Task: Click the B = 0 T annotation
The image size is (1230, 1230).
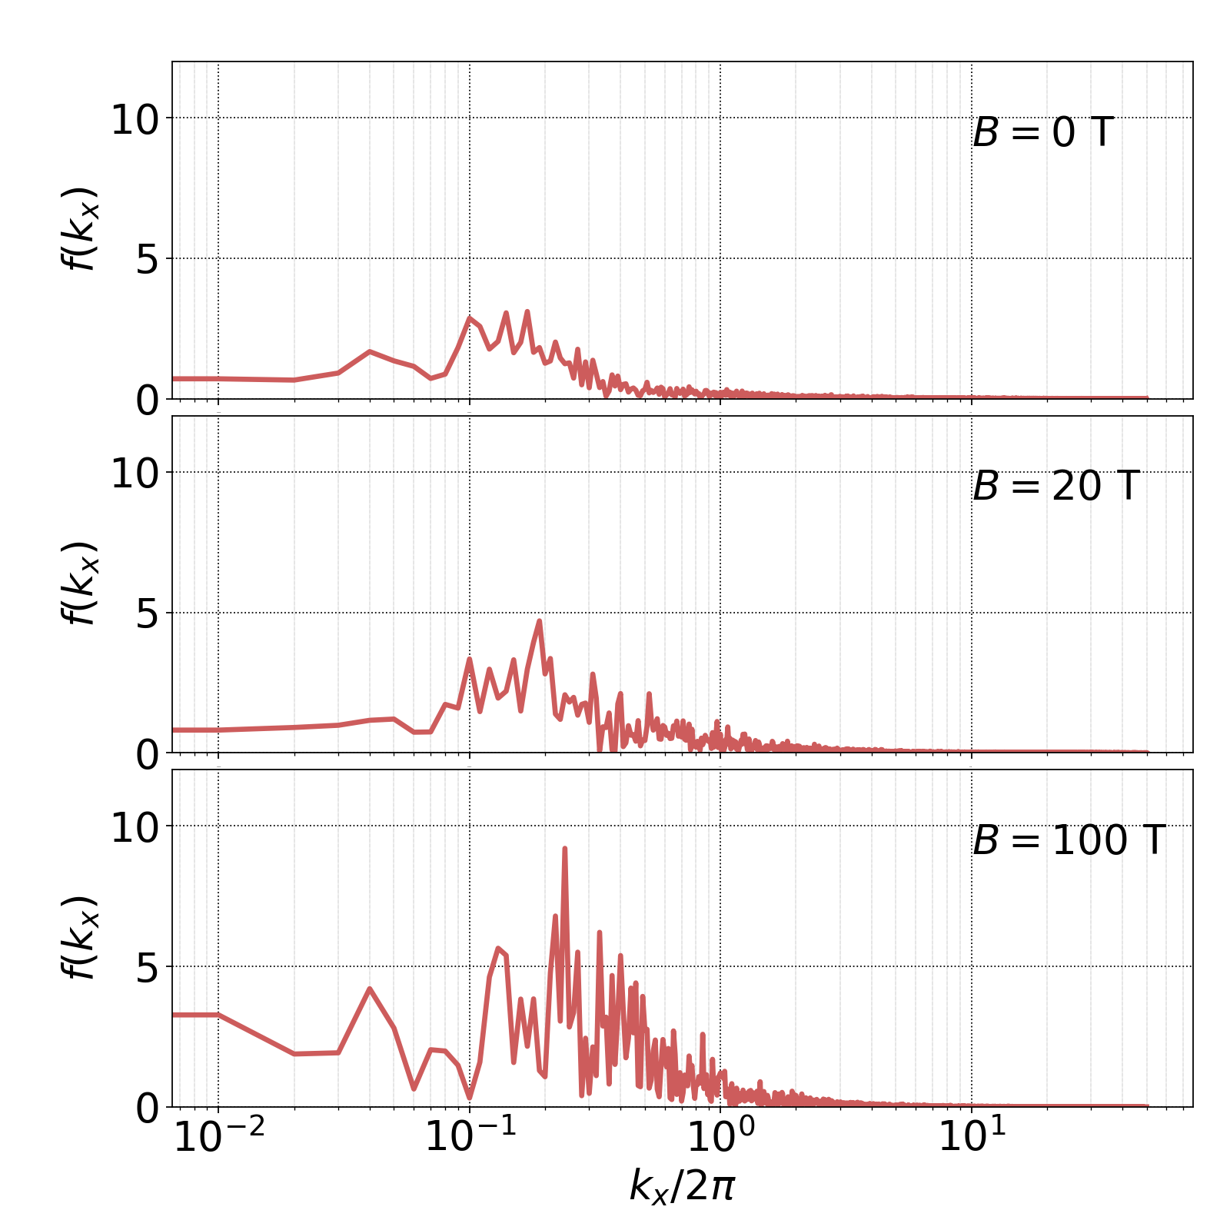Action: [1042, 133]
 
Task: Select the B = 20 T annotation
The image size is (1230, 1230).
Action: [1055, 487]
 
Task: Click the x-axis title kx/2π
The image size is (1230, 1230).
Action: [682, 1186]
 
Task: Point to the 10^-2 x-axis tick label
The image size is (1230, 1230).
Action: [219, 1138]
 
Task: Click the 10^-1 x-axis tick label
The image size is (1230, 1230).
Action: [470, 1138]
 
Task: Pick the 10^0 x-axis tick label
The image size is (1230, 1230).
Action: [720, 1138]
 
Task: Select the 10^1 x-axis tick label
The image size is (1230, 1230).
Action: [972, 1138]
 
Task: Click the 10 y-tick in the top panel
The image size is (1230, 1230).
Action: [135, 121]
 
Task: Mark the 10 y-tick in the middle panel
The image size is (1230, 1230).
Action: [135, 474]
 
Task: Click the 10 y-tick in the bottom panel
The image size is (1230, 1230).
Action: [135, 829]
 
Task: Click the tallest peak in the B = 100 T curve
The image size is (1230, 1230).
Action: [564, 849]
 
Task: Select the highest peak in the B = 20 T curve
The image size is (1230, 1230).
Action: [539, 620]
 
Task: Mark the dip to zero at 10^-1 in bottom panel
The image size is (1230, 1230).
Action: [470, 1097]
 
